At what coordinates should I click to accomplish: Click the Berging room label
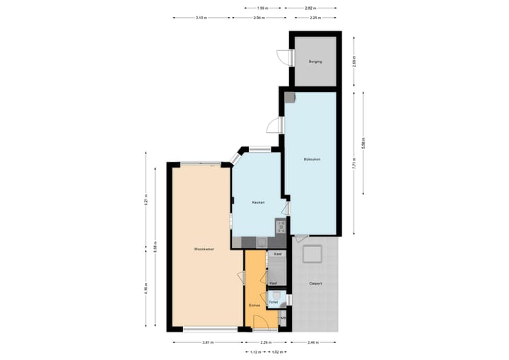tap(315, 62)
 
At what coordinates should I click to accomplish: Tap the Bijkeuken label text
tap(312, 159)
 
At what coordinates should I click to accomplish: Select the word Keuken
tap(258, 203)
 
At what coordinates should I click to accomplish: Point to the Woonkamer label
tap(205, 250)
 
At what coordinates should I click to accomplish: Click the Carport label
tap(315, 284)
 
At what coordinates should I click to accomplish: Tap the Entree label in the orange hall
tap(255, 306)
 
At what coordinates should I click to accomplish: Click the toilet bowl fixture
tap(281, 297)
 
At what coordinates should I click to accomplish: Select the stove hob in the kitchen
tap(281, 227)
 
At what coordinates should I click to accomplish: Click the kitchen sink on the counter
tap(261, 243)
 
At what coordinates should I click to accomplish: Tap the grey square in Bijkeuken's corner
tap(290, 98)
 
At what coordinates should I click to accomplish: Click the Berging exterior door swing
tap(283, 58)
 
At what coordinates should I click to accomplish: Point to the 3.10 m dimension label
tap(201, 18)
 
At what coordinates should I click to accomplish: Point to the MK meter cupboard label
tap(283, 318)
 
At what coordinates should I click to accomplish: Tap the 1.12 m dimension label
tap(255, 352)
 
